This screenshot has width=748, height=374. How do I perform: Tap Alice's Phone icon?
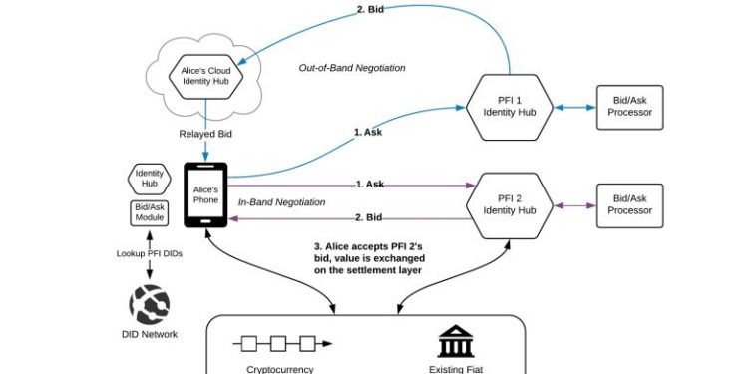[x=205, y=193]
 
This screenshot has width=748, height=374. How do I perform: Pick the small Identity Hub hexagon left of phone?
[x=148, y=180]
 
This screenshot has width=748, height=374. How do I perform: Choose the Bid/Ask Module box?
[x=148, y=214]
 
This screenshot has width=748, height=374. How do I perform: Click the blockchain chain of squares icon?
[x=282, y=344]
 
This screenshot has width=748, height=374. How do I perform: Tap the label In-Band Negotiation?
[x=282, y=202]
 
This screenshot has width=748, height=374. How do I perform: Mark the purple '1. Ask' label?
[x=369, y=185]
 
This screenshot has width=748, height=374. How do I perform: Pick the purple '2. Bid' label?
[x=369, y=217]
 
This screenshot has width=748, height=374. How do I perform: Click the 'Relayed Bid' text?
[x=205, y=133]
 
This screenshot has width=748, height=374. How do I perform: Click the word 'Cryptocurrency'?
[x=280, y=368]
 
